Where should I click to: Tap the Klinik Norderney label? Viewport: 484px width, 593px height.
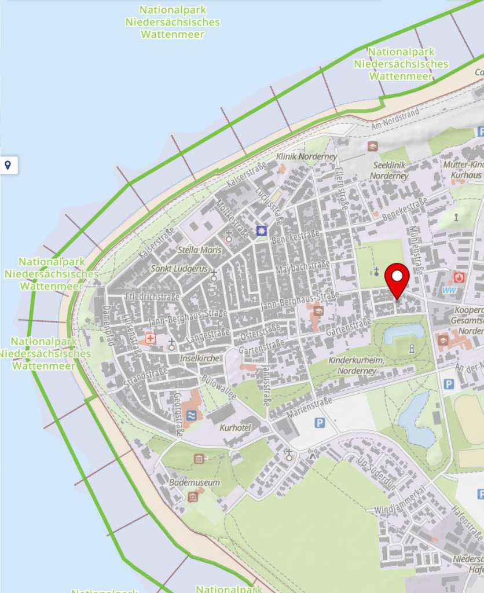298,157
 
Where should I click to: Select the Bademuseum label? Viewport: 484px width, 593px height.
195,482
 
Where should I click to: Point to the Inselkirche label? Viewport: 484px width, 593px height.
200,358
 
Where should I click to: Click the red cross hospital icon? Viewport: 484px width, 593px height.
151,338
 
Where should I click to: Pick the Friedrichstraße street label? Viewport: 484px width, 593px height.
152,296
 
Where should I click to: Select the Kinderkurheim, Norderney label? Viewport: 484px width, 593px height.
356,365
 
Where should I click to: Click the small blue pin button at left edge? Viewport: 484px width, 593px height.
8,166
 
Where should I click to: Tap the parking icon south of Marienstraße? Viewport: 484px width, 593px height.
320,423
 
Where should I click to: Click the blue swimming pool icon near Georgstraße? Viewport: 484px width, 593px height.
192,415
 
